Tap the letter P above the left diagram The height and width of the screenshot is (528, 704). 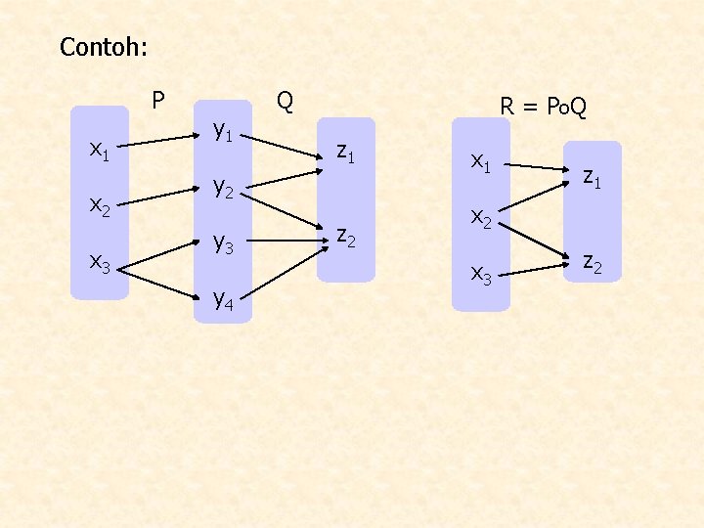point(157,100)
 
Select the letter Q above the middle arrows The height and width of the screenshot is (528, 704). point(285,100)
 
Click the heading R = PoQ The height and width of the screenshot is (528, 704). point(543,106)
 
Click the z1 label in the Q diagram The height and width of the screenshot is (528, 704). point(345,152)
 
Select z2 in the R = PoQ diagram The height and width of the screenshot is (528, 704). point(592,261)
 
